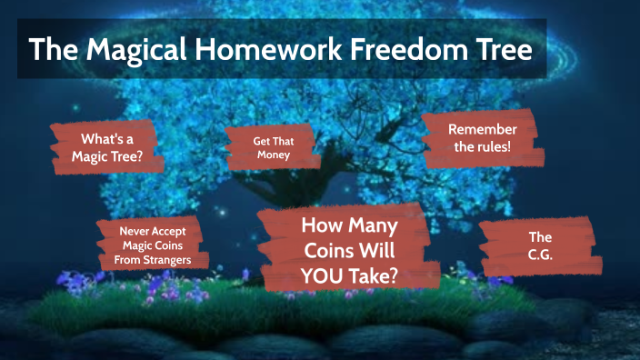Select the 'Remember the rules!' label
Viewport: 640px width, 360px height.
[482, 139]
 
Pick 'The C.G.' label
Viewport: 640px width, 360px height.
[540, 245]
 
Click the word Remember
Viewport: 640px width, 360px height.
[482, 129]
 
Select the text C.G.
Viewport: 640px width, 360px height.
[540, 255]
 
